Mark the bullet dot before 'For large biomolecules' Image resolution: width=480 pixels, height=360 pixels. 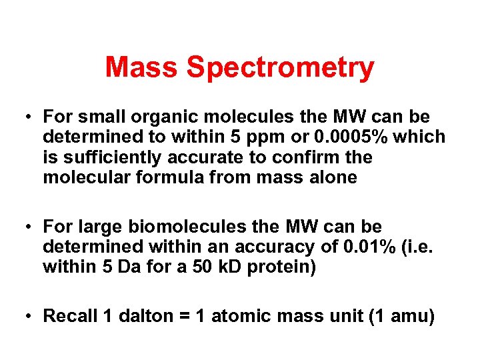pos(29,227)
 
